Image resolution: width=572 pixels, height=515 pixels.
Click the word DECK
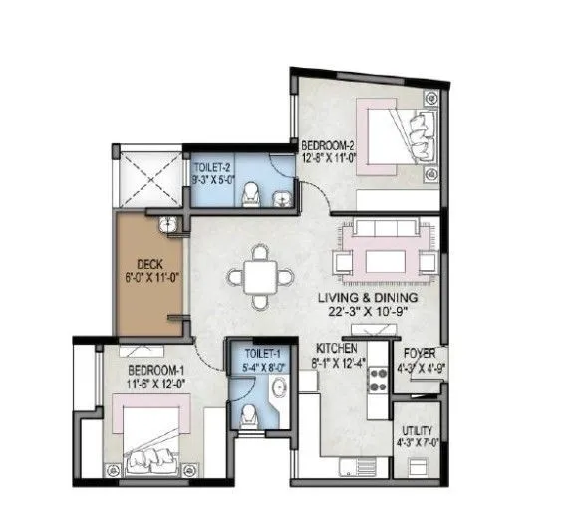[x=148, y=266]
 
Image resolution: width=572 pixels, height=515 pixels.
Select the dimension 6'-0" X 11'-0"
[x=148, y=280]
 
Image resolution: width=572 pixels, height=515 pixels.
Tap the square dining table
[x=260, y=274]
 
